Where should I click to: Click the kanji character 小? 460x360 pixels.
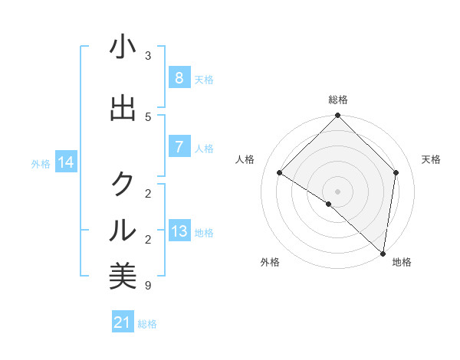point(123,47)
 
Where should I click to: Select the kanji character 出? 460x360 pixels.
point(123,109)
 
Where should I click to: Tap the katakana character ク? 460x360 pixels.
point(123,184)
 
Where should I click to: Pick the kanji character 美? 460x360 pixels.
point(123,276)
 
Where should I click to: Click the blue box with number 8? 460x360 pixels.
point(179,78)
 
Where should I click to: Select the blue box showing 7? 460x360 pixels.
point(179,147)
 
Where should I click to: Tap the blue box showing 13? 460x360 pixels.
point(179,231)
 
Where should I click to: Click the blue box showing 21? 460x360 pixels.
point(123,322)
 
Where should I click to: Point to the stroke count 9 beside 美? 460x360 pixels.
point(148,286)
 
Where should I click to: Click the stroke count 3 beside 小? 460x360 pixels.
point(148,56)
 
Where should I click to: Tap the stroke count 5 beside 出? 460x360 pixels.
point(148,117)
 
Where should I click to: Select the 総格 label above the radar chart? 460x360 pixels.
point(338,100)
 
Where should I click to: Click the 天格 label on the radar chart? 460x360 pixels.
point(431,159)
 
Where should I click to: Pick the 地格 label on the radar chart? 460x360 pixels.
point(402,262)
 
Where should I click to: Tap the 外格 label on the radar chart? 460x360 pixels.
point(270,262)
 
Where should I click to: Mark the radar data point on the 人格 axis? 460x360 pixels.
point(280,172)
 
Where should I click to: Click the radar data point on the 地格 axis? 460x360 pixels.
point(383,254)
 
